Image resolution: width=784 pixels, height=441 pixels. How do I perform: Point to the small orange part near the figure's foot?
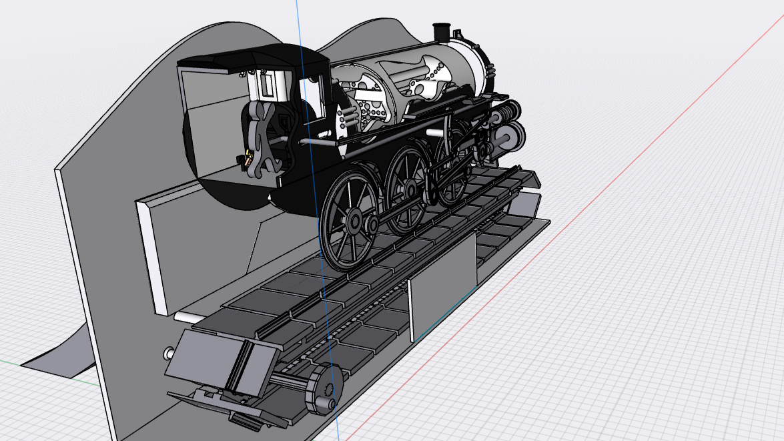pos(249,159)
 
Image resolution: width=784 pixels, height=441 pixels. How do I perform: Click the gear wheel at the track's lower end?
pos(324,391)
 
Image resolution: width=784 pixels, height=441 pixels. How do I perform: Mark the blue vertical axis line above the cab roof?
pos(298,20)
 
